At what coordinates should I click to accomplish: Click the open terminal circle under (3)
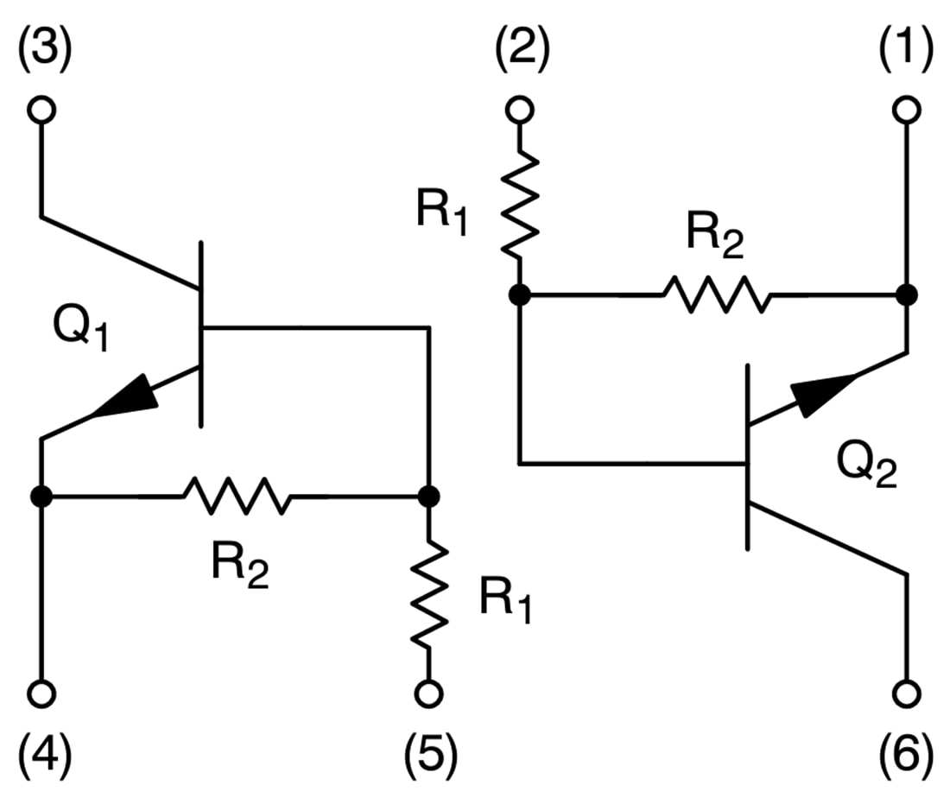[41, 111]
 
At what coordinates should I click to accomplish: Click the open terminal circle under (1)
[906, 111]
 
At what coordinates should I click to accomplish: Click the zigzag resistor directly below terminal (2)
[519, 205]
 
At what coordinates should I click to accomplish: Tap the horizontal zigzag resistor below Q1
[237, 497]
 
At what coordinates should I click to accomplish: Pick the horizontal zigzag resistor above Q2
[716, 294]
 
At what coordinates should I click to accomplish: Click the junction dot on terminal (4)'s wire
[41, 497]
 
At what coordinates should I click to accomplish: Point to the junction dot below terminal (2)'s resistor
[519, 294]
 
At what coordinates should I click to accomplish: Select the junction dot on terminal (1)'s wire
[906, 294]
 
